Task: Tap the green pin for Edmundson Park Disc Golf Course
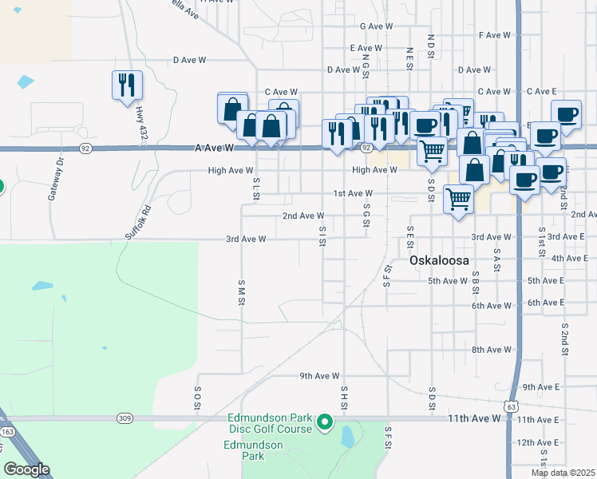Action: (x=324, y=421)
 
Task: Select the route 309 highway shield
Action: (x=124, y=418)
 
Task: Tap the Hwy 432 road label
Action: (x=143, y=126)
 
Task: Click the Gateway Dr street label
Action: (x=57, y=171)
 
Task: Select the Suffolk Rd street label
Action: (x=138, y=225)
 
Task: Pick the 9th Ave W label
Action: (x=319, y=375)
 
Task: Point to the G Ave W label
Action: (x=377, y=26)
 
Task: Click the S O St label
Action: (x=196, y=399)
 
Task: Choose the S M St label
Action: (x=240, y=292)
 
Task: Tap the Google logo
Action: (x=26, y=469)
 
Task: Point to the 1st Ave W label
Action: (x=353, y=193)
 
